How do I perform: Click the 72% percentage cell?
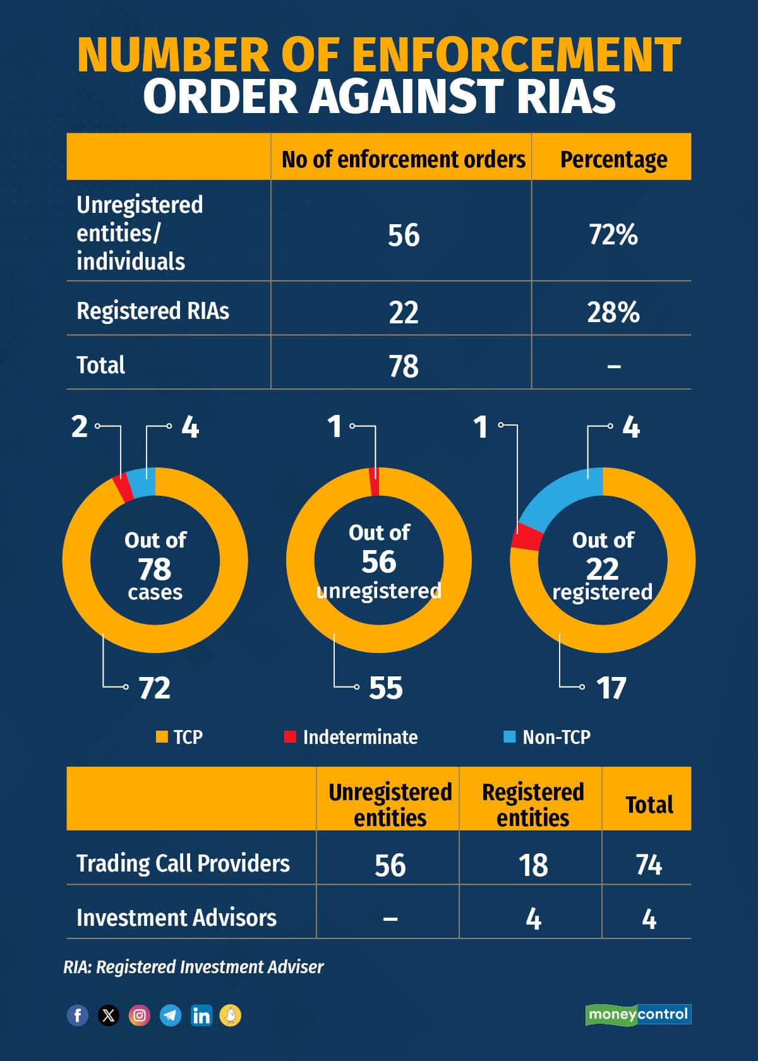point(613,234)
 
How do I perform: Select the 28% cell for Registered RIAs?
point(613,312)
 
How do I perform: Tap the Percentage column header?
point(613,159)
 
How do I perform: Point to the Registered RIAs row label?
point(153,311)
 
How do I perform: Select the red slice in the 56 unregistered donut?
point(375,483)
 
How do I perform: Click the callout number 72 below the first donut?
point(155,688)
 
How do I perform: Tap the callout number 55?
point(385,688)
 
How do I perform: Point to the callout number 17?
point(611,688)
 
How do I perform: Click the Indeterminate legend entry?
point(351,737)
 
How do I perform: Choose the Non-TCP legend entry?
point(547,737)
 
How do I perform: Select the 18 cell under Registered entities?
point(532,865)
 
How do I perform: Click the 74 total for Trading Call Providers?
point(649,865)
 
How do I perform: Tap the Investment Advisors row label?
point(176,918)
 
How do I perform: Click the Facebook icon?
point(78,1016)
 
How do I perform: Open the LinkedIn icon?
point(202,1016)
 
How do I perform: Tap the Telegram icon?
point(171,1016)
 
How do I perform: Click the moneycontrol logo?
point(638,1014)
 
